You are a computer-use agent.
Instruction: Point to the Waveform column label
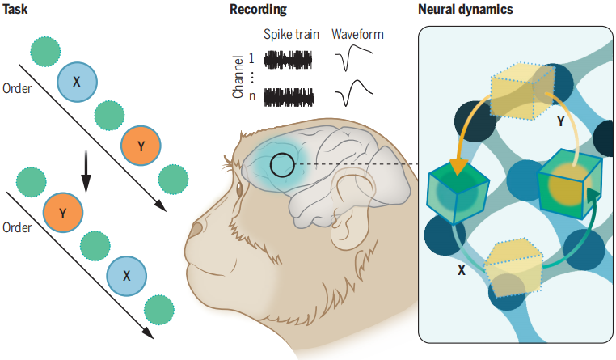[x=358, y=36]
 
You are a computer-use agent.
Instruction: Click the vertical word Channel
[x=238, y=77]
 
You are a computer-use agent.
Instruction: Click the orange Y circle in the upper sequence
[x=141, y=146]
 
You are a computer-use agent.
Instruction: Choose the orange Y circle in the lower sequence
[x=62, y=214]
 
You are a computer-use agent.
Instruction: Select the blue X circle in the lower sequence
[x=127, y=276]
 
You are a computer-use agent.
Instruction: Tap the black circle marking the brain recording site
[x=282, y=165]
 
